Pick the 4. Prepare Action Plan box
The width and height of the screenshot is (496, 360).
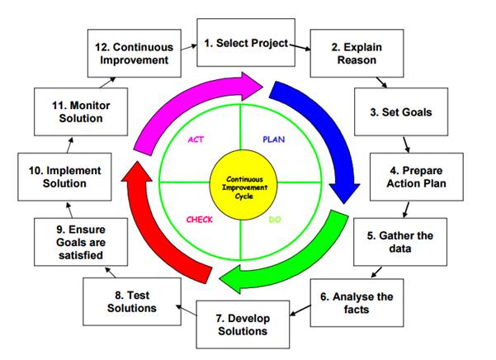(404, 177)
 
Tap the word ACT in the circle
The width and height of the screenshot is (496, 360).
(196, 140)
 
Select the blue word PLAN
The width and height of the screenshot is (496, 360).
(273, 140)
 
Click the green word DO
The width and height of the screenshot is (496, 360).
(276, 220)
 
